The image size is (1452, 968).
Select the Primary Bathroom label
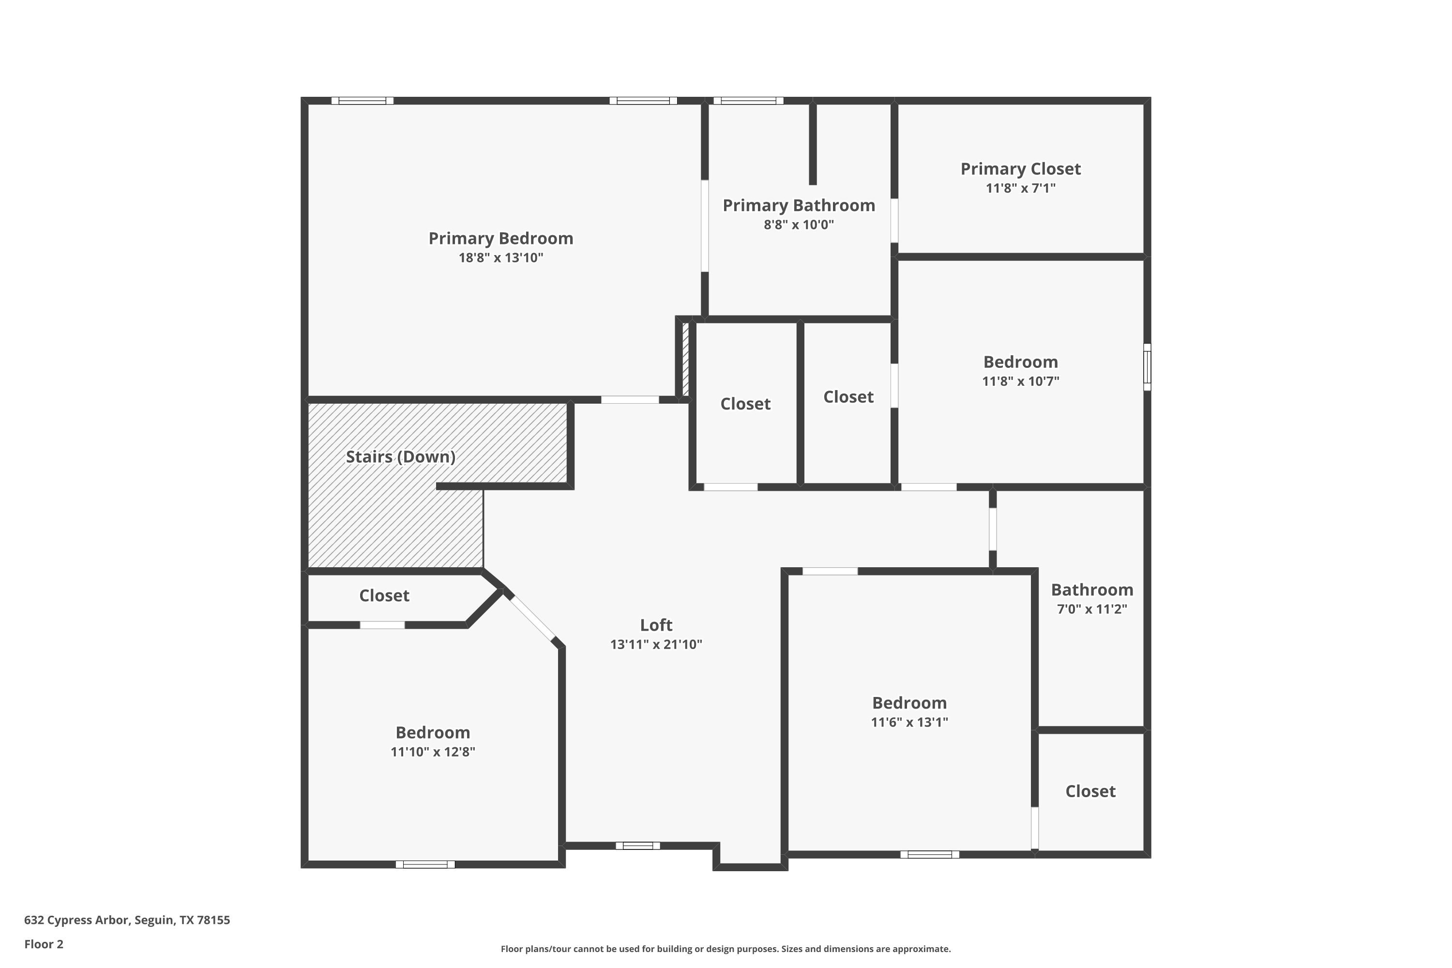tap(799, 206)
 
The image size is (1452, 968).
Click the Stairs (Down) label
tap(401, 457)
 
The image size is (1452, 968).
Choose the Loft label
tap(656, 625)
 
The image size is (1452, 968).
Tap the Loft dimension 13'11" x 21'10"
tap(656, 645)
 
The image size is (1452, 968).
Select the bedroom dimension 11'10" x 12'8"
tap(433, 751)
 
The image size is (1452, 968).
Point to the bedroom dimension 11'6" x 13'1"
tap(909, 722)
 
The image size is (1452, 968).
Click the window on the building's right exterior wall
tap(1147, 367)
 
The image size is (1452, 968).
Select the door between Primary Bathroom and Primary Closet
tap(894, 220)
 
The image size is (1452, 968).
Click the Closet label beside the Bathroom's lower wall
tap(1090, 791)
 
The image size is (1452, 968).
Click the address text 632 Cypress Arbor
tap(77, 920)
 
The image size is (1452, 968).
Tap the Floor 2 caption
tap(44, 944)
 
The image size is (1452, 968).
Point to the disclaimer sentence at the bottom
tap(726, 949)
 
